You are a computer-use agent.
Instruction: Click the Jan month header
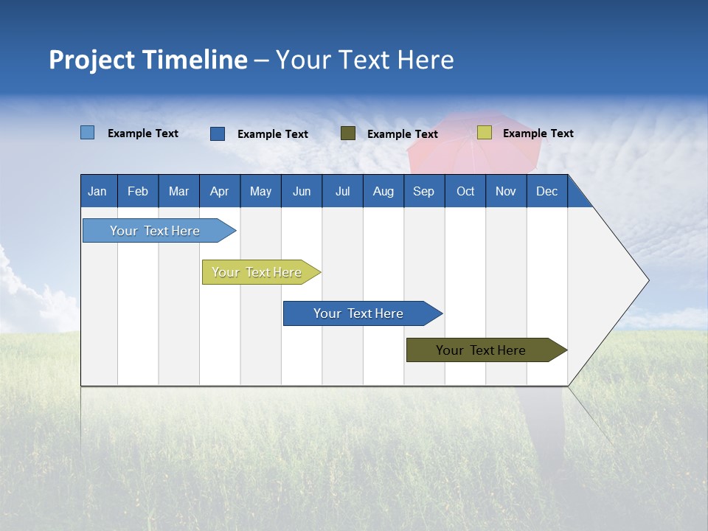[98, 191]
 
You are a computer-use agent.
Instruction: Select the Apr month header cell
[220, 191]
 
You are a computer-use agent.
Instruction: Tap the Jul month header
[342, 191]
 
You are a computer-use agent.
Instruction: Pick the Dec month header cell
[546, 191]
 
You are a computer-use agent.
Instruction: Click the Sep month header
[423, 191]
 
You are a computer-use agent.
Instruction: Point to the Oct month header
[465, 191]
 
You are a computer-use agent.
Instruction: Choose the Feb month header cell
[138, 191]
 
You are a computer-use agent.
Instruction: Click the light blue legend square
[88, 133]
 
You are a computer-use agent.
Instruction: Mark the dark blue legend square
[218, 133]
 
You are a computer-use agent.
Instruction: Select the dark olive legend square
[348, 133]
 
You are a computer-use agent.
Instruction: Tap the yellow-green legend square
[484, 133]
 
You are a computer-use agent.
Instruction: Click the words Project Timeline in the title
[147, 60]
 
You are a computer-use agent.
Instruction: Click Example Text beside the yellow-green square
[538, 133]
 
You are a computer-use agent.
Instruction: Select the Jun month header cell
[301, 191]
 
